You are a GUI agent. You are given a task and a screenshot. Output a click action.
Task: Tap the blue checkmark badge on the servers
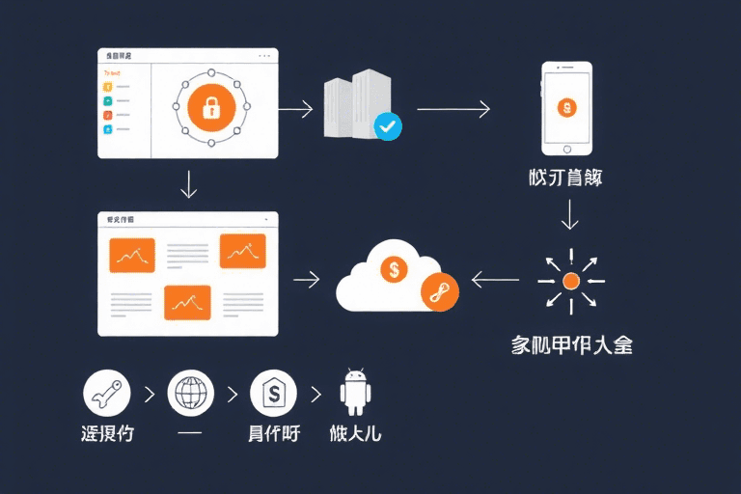pos(387,126)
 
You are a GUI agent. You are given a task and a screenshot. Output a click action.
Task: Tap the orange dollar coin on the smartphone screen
pos(566,106)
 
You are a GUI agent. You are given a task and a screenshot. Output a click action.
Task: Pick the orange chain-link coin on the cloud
pos(436,290)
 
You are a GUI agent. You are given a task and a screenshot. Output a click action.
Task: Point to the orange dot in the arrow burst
pos(570,281)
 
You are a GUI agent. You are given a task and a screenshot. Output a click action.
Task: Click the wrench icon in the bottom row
pos(107,394)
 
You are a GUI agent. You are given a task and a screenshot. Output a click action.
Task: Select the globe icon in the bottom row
pos(190,394)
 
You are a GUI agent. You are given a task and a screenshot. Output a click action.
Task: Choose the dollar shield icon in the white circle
pos(273,394)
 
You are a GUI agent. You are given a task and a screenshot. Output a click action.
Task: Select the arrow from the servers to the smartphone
pos(453,109)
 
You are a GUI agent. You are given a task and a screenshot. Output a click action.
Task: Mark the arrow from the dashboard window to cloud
pos(307,281)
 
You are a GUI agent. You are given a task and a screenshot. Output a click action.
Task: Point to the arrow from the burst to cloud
pos(493,281)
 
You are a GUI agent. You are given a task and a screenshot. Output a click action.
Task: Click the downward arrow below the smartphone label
pos(570,214)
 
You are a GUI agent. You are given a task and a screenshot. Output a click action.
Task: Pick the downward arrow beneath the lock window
pos(189,183)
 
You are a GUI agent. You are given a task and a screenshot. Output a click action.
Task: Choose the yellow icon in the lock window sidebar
pos(108,86)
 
